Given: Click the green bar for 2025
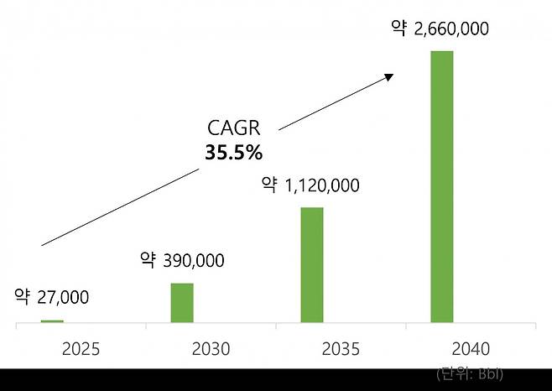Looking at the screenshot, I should click(x=52, y=321).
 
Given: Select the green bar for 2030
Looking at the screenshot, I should click(x=182, y=303).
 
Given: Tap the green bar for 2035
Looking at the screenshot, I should click(x=312, y=264).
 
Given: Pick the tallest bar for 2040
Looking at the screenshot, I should click(x=442, y=186).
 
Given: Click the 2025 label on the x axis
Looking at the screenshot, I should click(x=81, y=348).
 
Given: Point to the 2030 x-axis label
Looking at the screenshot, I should click(x=211, y=348).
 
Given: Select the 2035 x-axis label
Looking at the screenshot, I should click(x=341, y=348).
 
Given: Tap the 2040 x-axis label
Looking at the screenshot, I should click(x=471, y=348).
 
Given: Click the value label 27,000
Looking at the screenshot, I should click(x=62, y=297).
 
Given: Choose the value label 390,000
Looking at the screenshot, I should click(x=192, y=261).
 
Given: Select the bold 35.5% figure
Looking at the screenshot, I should click(x=234, y=153).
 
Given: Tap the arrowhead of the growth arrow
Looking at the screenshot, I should click(x=389, y=76).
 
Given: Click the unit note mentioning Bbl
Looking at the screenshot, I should click(x=470, y=373).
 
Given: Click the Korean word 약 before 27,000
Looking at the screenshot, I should click(x=22, y=296).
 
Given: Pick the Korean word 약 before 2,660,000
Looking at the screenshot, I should click(x=398, y=29).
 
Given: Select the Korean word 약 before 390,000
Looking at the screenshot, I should click(x=148, y=260).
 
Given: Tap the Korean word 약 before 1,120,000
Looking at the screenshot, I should click(x=269, y=185).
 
